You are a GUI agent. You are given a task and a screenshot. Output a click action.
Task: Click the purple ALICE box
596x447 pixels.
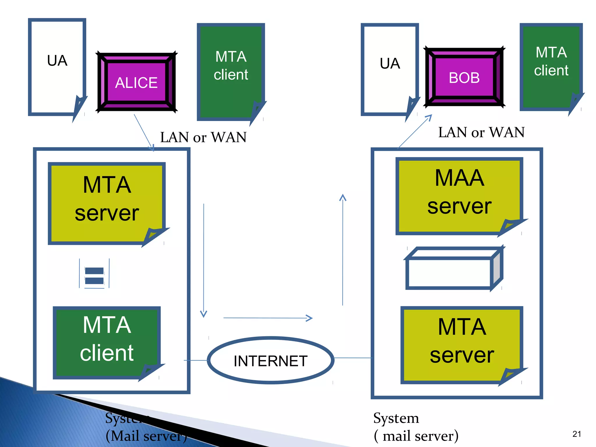pyautogui.click(x=136, y=82)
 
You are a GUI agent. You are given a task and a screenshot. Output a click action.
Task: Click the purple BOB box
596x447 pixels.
pyautogui.click(x=464, y=77)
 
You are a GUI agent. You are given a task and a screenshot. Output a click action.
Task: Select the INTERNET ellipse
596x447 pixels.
pyautogui.click(x=270, y=361)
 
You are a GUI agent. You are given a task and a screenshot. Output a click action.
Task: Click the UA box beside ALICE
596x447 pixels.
pyautogui.click(x=57, y=67)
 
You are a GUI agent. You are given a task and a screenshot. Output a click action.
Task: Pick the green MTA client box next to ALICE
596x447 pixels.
pyautogui.click(x=230, y=71)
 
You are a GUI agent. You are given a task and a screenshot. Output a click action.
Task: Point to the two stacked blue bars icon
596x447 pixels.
pyautogui.click(x=94, y=275)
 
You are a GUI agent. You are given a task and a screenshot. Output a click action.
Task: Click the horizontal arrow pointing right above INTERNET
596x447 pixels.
pyautogui.click(x=268, y=318)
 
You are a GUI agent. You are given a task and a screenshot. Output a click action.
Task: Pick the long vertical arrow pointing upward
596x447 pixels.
pyautogui.click(x=343, y=250)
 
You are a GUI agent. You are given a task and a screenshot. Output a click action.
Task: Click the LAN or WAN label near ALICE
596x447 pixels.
pyautogui.click(x=203, y=137)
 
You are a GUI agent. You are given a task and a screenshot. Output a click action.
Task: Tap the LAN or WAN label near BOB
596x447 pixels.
pyautogui.click(x=481, y=132)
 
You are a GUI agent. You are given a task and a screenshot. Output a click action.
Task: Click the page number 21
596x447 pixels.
pyautogui.click(x=577, y=434)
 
